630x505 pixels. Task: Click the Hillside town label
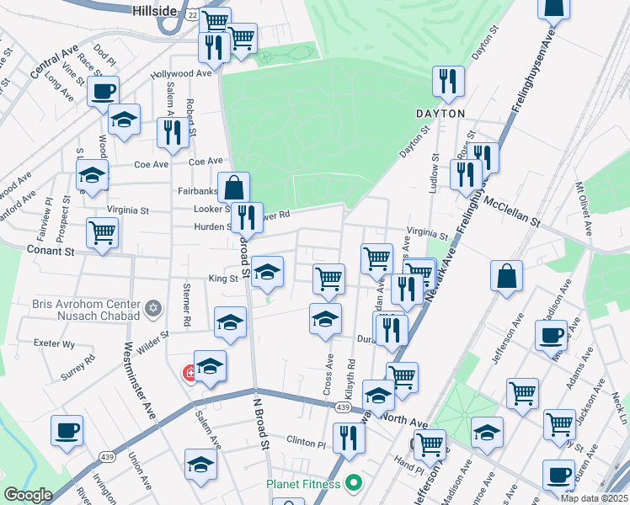click(x=155, y=10)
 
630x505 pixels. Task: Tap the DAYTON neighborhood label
click(x=440, y=113)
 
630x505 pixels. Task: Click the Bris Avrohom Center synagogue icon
click(x=152, y=309)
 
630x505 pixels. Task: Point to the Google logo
click(x=28, y=495)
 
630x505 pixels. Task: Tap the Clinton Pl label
click(x=305, y=443)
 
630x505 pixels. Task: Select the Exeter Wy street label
click(x=54, y=343)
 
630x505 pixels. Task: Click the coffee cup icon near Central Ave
click(x=103, y=91)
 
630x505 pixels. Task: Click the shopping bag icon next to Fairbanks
click(x=234, y=187)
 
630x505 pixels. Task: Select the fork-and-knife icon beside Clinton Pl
click(x=346, y=437)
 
